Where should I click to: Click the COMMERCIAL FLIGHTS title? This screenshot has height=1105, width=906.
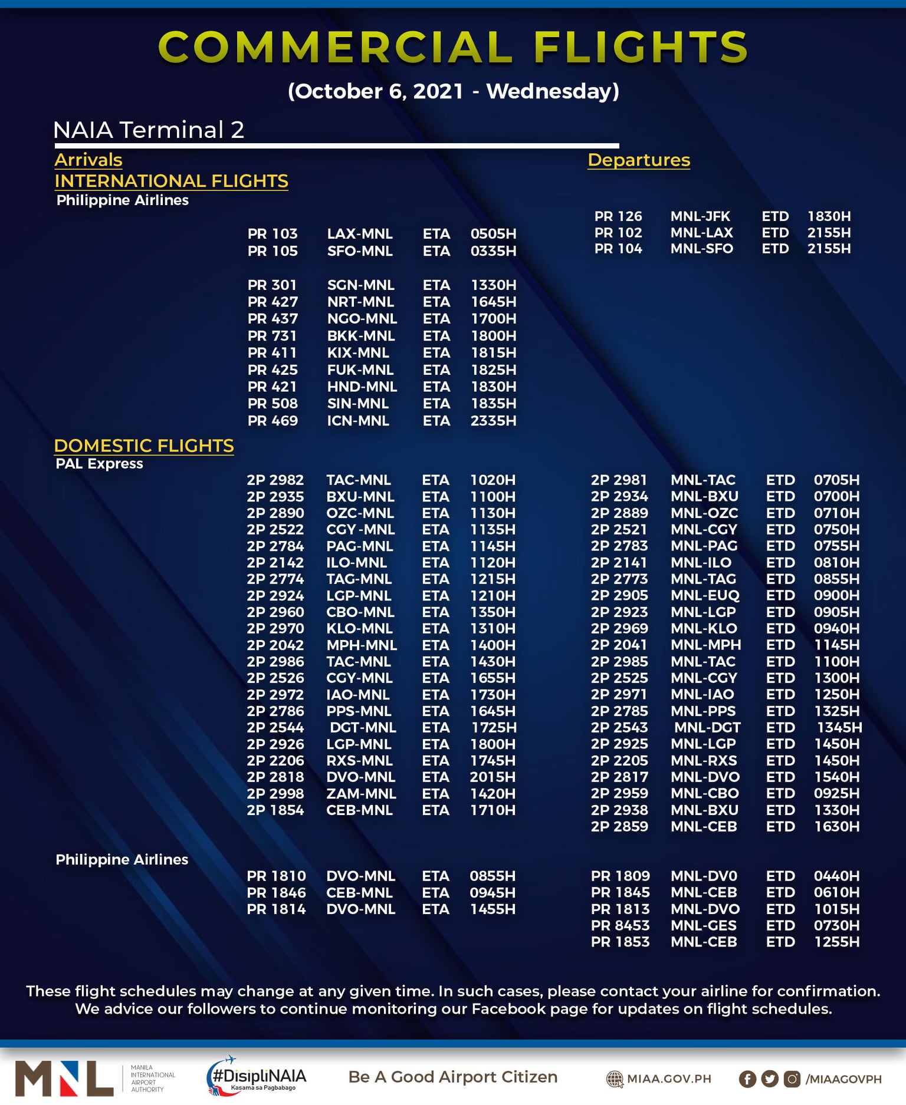pyautogui.click(x=453, y=47)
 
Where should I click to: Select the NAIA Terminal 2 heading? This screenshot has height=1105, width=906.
pyautogui.click(x=149, y=130)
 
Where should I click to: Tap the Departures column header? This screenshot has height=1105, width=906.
pyautogui.click(x=639, y=160)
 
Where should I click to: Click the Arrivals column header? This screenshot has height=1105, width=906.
pyautogui.click(x=88, y=160)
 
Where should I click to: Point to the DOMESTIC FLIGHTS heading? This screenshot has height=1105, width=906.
pyautogui.click(x=144, y=446)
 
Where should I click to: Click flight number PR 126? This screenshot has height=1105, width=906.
pyautogui.click(x=618, y=216)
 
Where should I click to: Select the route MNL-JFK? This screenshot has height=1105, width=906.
pyautogui.click(x=700, y=216)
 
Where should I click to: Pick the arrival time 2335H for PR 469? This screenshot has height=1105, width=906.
pyautogui.click(x=493, y=421)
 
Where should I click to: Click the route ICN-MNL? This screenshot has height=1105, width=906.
pyautogui.click(x=358, y=421)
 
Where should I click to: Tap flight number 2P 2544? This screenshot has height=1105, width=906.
pyautogui.click(x=275, y=728)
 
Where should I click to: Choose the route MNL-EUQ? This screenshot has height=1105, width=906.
pyautogui.click(x=705, y=595)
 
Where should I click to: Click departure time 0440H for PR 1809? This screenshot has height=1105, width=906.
pyautogui.click(x=836, y=876)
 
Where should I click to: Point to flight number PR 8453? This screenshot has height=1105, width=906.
pyautogui.click(x=620, y=926)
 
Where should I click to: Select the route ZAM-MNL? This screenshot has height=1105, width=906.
pyautogui.click(x=361, y=794)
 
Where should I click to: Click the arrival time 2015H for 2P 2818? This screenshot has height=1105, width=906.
pyautogui.click(x=493, y=777)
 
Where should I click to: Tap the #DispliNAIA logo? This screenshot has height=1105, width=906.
pyautogui.click(x=257, y=1077)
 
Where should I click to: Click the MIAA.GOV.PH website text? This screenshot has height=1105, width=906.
pyautogui.click(x=669, y=1078)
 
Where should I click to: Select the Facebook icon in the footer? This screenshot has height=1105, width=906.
pyautogui.click(x=747, y=1079)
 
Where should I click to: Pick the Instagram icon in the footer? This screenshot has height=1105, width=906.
pyautogui.click(x=792, y=1079)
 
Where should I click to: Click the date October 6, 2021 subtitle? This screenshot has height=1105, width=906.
pyautogui.click(x=453, y=91)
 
